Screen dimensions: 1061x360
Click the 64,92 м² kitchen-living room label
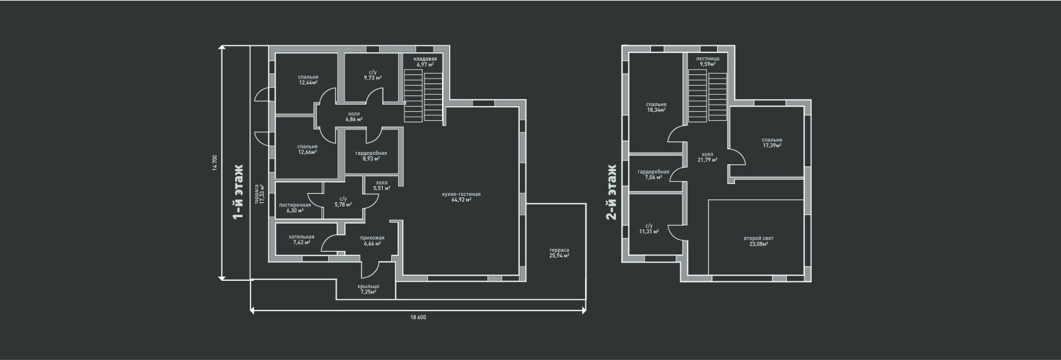coord(461,197)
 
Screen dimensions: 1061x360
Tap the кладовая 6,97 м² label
coord(425,62)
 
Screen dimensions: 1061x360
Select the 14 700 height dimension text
coord(214,163)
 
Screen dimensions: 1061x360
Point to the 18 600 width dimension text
coord(418,318)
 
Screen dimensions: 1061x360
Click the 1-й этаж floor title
coord(238,192)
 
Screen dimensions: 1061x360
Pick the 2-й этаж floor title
coord(612,192)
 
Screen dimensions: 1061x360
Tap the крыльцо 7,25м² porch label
coord(368,289)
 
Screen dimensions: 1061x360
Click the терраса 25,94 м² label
coord(559,252)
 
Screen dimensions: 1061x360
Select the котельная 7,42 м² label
coord(302,239)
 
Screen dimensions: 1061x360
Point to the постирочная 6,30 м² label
coord(295,207)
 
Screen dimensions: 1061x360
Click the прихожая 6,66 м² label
coord(372,240)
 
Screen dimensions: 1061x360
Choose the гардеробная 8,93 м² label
coord(371,156)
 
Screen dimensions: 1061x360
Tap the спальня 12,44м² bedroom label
coord(308,80)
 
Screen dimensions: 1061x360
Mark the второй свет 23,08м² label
coord(759,241)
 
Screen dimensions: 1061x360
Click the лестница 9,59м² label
coord(707,61)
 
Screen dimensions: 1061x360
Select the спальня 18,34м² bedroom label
coord(656,107)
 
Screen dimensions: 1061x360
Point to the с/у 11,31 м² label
coord(649,228)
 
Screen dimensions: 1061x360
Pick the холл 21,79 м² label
coord(707,157)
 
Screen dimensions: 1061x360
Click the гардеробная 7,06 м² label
coord(653,174)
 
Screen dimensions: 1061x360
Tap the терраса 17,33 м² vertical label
coord(259,194)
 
